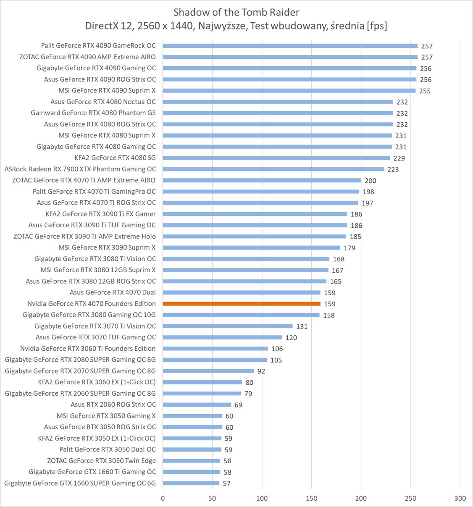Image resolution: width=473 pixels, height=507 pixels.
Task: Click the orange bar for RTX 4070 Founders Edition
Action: click(242, 304)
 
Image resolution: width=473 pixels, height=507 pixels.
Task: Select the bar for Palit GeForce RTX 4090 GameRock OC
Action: click(290, 46)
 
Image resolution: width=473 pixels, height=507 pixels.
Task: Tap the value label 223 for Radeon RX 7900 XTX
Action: click(393, 169)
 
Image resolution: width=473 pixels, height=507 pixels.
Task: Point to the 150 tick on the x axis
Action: click(311, 498)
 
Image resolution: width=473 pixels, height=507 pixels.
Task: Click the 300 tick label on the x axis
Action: click(460, 498)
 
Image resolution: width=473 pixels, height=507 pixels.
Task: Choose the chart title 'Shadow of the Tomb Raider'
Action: click(236, 12)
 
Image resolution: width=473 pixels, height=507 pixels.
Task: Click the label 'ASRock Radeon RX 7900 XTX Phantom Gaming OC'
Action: click(80, 169)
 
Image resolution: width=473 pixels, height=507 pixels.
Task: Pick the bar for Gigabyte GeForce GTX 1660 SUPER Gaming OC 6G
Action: click(191, 483)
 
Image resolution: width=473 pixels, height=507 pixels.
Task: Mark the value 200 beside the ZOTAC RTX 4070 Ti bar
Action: click(371, 181)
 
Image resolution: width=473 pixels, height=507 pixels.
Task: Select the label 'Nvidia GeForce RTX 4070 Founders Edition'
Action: click(92, 304)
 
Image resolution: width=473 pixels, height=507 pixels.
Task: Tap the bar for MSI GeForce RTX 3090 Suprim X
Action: click(251, 248)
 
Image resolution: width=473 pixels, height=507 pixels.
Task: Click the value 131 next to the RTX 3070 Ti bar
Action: click(302, 326)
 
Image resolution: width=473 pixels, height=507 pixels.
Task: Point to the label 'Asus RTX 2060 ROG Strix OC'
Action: click(113, 405)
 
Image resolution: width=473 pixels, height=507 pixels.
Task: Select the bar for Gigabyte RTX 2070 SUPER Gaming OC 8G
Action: click(208, 371)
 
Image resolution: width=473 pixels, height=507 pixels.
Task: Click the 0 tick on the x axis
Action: click(163, 498)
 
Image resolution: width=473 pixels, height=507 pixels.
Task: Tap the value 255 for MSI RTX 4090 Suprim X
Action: click(425, 91)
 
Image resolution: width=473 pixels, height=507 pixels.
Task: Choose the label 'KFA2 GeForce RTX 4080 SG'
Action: click(115, 158)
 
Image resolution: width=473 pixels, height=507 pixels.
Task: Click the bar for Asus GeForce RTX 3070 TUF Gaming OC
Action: click(222, 337)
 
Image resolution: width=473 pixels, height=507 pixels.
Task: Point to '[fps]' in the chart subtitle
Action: click(376, 26)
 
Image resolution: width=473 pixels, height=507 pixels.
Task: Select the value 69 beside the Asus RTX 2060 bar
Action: click(238, 405)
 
